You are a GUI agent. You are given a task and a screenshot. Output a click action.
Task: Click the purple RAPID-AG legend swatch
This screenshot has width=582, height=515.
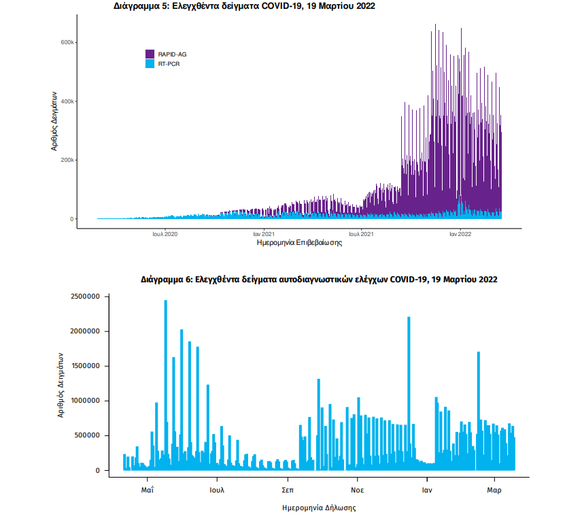click(x=151, y=54)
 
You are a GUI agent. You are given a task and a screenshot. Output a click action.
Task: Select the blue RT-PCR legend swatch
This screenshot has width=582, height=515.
click(x=151, y=63)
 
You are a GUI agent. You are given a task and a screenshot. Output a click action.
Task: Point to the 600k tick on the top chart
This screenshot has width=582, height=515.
click(x=66, y=42)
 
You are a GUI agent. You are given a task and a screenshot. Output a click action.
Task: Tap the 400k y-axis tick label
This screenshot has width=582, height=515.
click(x=66, y=101)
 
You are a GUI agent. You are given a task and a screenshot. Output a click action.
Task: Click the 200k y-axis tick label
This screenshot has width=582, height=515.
click(x=66, y=161)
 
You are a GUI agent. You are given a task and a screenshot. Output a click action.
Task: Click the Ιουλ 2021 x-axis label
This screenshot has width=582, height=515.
click(x=361, y=233)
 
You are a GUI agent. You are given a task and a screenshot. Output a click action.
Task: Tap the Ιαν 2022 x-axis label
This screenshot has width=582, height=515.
click(x=460, y=233)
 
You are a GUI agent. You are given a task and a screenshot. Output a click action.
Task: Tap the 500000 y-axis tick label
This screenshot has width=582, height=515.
click(x=86, y=435)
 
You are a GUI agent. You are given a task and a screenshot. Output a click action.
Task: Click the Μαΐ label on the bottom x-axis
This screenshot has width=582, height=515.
click(x=148, y=489)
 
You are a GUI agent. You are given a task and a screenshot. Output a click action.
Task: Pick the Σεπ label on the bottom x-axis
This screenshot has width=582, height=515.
click(x=288, y=489)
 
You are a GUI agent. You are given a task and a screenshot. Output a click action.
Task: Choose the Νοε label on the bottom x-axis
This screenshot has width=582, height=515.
click(x=357, y=489)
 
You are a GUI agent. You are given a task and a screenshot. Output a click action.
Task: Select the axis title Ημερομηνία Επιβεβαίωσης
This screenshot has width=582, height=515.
click(x=298, y=242)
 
